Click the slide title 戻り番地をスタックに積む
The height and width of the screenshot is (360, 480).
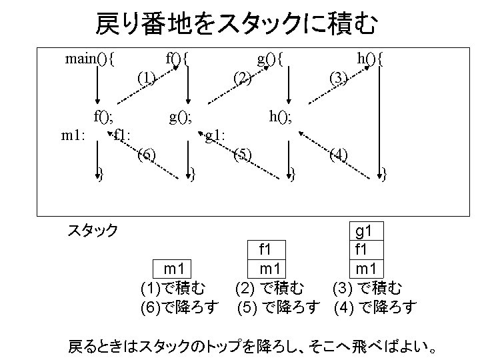pyautogui.click(x=237, y=25)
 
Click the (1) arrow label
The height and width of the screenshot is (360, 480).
pyautogui.click(x=146, y=78)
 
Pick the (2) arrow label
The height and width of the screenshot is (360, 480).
pyautogui.click(x=243, y=78)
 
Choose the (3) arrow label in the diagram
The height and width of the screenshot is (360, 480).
pyautogui.click(x=339, y=78)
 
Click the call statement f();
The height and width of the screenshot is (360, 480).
pyautogui.click(x=103, y=118)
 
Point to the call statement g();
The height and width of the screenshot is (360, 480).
pyautogui.click(x=180, y=118)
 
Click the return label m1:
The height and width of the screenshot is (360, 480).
pyautogui.click(x=72, y=137)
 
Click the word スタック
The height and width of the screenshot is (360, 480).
pyautogui.click(x=93, y=231)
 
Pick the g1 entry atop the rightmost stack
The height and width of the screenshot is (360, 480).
pyautogui.click(x=364, y=231)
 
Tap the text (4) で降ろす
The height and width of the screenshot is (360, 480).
pyautogui.click(x=375, y=307)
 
